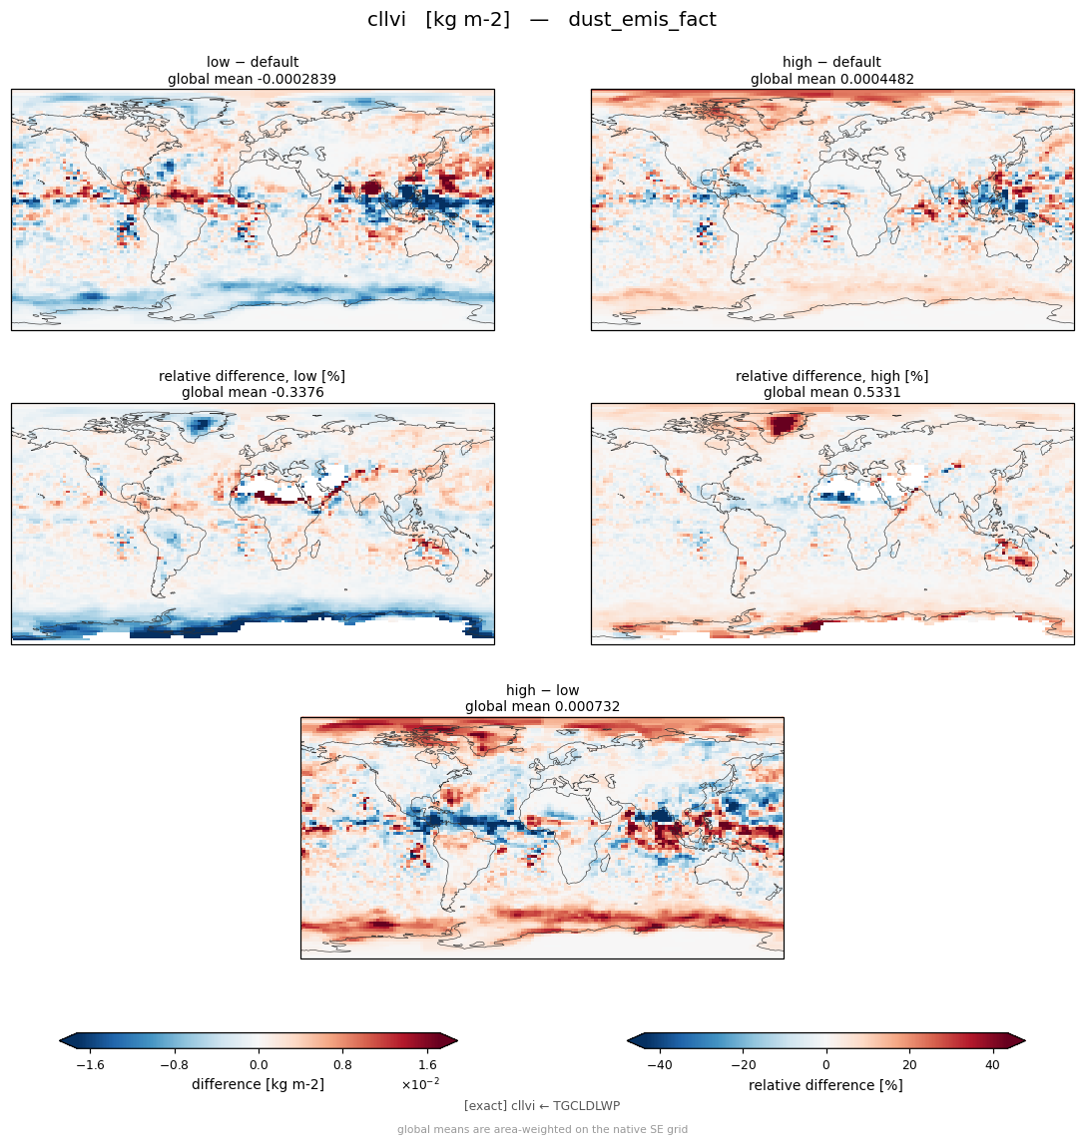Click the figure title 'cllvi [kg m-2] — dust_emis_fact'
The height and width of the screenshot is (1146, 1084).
[x=541, y=20]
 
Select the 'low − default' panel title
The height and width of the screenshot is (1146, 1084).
[x=253, y=62]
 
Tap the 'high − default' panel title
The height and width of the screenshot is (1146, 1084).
[x=831, y=62]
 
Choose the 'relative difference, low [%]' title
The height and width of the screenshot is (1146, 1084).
[x=252, y=376]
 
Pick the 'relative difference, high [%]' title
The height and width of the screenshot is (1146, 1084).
[x=831, y=376]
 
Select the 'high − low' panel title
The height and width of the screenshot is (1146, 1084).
[x=542, y=690]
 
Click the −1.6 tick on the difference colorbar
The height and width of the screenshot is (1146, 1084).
[x=90, y=1065]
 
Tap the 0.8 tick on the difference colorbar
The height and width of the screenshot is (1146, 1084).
[x=343, y=1065]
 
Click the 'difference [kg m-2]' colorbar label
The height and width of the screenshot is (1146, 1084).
[x=259, y=1084]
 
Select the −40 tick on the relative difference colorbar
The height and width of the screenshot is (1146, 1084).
[x=660, y=1065]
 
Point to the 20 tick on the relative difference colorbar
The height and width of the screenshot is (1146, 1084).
[x=909, y=1065]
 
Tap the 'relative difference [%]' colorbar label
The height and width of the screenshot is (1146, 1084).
[x=825, y=1085]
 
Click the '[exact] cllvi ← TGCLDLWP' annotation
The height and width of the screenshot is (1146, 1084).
[x=542, y=1106]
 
